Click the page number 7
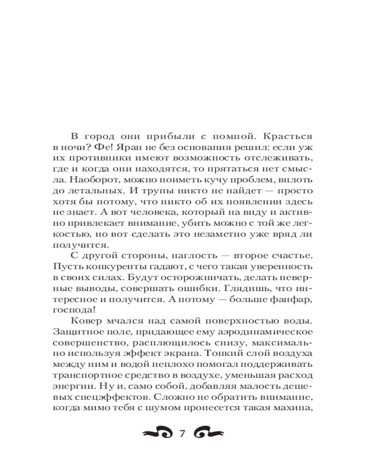pos(182,434)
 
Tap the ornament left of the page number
pos(157,433)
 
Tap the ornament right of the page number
pos(207,433)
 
